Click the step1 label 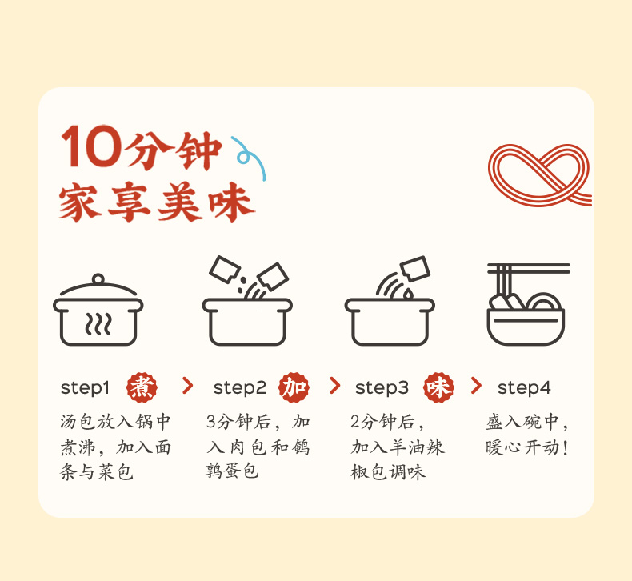[85, 388]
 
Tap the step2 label [240, 388]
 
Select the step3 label [382, 388]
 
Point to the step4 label [524, 388]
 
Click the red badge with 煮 [142, 387]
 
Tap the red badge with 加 [294, 387]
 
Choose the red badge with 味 [438, 387]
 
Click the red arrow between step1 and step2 [187, 386]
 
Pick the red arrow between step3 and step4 [476, 386]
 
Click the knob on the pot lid [98, 279]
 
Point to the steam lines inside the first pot [98, 324]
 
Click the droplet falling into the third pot [408, 294]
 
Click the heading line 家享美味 [157, 202]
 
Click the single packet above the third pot [415, 268]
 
